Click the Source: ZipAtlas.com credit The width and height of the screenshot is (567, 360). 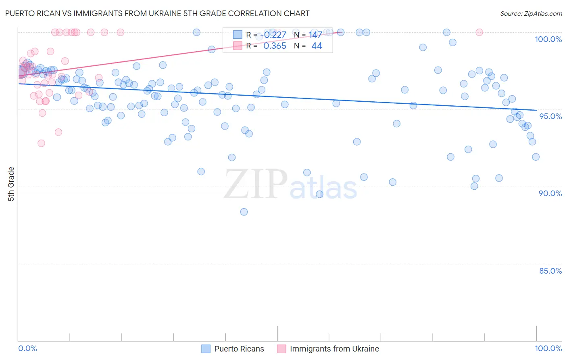pyautogui.click(x=531, y=13)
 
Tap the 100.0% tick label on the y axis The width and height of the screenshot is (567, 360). pyautogui.click(x=548, y=39)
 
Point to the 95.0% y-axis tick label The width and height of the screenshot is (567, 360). pyautogui.click(x=550, y=116)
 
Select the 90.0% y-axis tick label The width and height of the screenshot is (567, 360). pyautogui.click(x=550, y=193)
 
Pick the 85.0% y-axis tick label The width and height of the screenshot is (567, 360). pyautogui.click(x=550, y=271)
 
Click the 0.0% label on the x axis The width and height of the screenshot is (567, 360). pyautogui.click(x=27, y=348)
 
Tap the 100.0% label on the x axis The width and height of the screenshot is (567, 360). pyautogui.click(x=548, y=348)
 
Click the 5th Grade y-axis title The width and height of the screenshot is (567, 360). pyautogui.click(x=11, y=184)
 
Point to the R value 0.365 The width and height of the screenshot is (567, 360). pyautogui.click(x=275, y=46)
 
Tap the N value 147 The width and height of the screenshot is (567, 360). pyautogui.click(x=315, y=35)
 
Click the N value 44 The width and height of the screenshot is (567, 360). pyautogui.click(x=317, y=46)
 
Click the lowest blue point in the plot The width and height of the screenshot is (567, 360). pyautogui.click(x=244, y=212)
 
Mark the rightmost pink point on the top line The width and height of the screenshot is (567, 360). pyautogui.click(x=479, y=32)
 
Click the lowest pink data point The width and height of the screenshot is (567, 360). pyautogui.click(x=41, y=143)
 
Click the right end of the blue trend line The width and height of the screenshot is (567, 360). pyautogui.click(x=536, y=110)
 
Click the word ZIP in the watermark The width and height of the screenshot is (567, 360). pyautogui.click(x=256, y=184)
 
